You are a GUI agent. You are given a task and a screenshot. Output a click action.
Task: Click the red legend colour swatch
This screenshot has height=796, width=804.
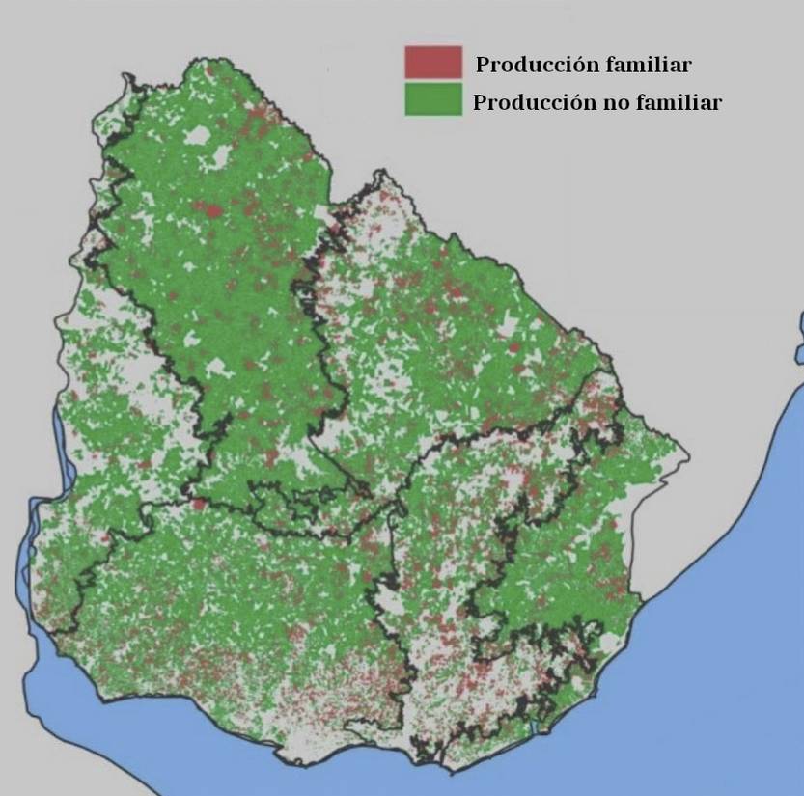click(432, 63)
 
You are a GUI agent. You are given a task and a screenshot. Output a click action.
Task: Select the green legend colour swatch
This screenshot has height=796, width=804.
click(432, 99)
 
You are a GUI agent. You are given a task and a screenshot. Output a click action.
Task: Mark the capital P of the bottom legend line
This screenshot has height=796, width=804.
click(480, 103)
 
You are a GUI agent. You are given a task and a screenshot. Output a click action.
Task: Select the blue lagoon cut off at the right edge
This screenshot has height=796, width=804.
click(800, 338)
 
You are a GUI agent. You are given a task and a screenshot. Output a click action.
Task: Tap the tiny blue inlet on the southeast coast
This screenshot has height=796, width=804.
click(534, 725)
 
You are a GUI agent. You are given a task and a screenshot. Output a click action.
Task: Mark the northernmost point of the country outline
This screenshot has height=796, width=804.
click(205, 60)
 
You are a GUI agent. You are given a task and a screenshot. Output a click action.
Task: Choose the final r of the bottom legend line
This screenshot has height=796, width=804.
click(716, 103)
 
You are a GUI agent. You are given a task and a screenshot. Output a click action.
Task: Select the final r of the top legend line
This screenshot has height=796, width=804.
click(686, 66)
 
